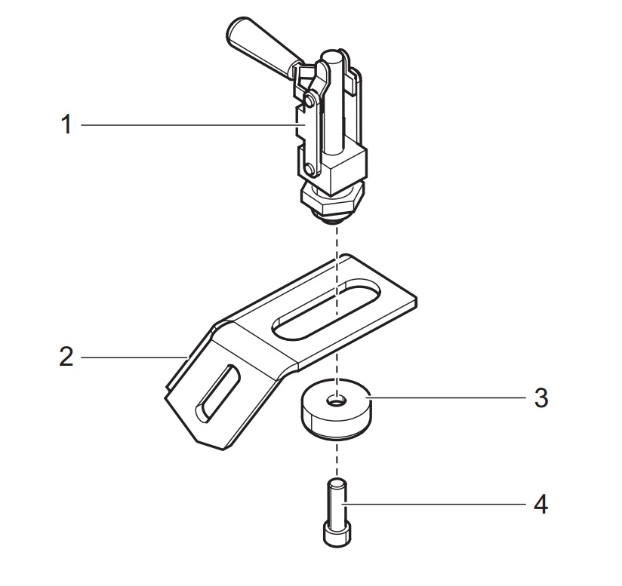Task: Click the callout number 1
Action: [66, 124]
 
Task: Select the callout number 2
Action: [66, 356]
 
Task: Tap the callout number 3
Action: [540, 397]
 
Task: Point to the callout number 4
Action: [540, 504]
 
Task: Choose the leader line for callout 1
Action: [189, 124]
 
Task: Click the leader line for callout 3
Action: [445, 397]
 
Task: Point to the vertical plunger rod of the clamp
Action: [333, 113]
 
